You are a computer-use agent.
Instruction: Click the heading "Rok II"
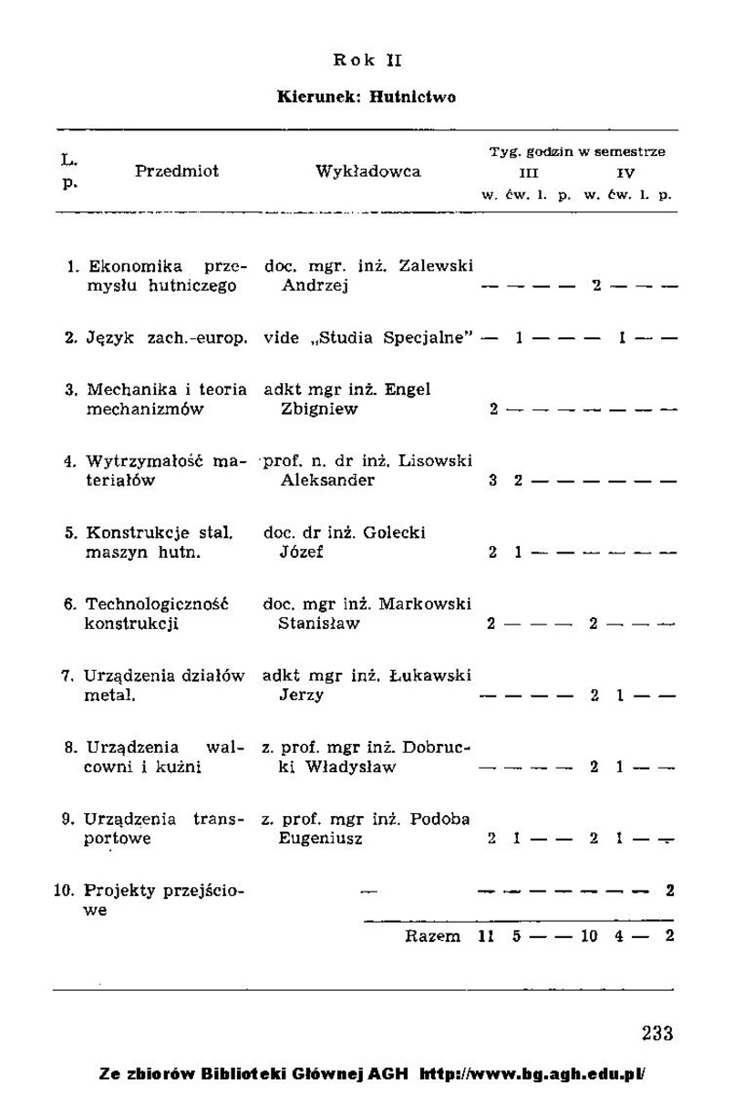point(367,61)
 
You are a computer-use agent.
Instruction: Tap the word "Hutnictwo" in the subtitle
point(414,97)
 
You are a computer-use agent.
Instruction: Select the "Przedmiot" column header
point(177,171)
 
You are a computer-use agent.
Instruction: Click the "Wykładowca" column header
point(368,171)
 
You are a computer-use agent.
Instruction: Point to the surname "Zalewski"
point(439,266)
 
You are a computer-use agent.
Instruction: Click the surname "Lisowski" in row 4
point(439,461)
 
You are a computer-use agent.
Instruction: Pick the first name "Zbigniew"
point(319,409)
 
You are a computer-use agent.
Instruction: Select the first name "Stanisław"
point(319,624)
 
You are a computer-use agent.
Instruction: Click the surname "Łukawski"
point(437,676)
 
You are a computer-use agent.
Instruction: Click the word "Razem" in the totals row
point(433,936)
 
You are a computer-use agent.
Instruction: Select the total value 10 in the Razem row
point(590,936)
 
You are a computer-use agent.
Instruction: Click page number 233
point(656,1033)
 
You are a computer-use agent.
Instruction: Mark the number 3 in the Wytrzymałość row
point(492,480)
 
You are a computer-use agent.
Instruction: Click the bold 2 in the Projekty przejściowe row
point(670,890)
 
